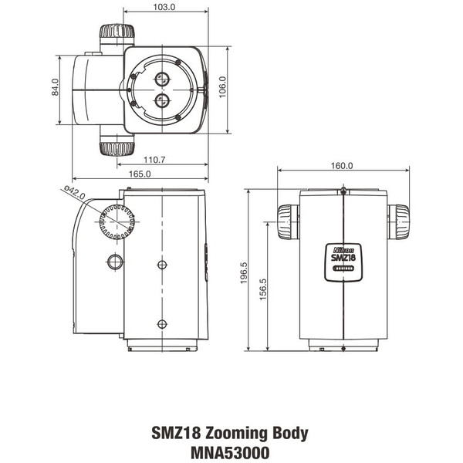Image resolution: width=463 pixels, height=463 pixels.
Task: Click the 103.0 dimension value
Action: pyautogui.click(x=163, y=7)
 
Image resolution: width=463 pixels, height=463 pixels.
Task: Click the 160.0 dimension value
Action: pyautogui.click(x=342, y=165)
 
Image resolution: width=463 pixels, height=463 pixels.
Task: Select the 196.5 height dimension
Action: pyautogui.click(x=244, y=274)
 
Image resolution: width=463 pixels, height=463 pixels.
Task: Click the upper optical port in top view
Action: pyautogui.click(x=163, y=79)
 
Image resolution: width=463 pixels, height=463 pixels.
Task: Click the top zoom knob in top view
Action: pyautogui.click(x=117, y=35)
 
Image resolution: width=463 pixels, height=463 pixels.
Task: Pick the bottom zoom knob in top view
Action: pyautogui.click(x=117, y=144)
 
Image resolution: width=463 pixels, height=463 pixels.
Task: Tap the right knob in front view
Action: pyautogui.click(x=398, y=223)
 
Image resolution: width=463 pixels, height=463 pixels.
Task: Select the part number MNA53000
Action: pyautogui.click(x=231, y=452)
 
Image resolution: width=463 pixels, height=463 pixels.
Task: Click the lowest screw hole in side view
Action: pyautogui.click(x=161, y=323)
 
